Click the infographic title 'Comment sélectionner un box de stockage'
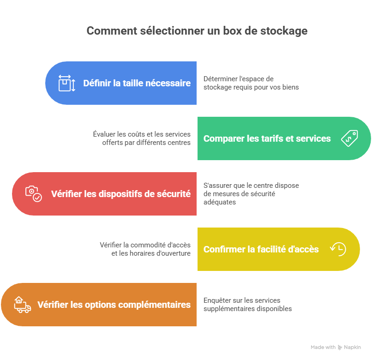pyautogui.click(x=197, y=31)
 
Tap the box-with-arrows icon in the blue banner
pyautogui.click(x=67, y=83)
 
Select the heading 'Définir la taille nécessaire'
pyautogui.click(x=137, y=83)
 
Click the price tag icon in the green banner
pyautogui.click(x=349, y=138)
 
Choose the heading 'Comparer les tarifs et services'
pyautogui.click(x=267, y=138)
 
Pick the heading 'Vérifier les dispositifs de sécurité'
pyautogui.click(x=121, y=194)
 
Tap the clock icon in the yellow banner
pyautogui.click(x=338, y=249)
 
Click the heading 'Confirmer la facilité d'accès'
pyautogui.click(x=261, y=249)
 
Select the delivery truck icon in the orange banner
pyautogui.click(x=23, y=305)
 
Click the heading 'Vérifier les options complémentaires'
pyautogui.click(x=114, y=305)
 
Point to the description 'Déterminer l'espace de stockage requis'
pyautogui.click(x=251, y=83)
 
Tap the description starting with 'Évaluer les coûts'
pyautogui.click(x=142, y=138)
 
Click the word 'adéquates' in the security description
pyautogui.click(x=220, y=202)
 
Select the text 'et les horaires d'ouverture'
pyautogui.click(x=151, y=253)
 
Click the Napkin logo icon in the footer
pyautogui.click(x=340, y=348)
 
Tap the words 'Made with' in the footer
pyautogui.click(x=323, y=347)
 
